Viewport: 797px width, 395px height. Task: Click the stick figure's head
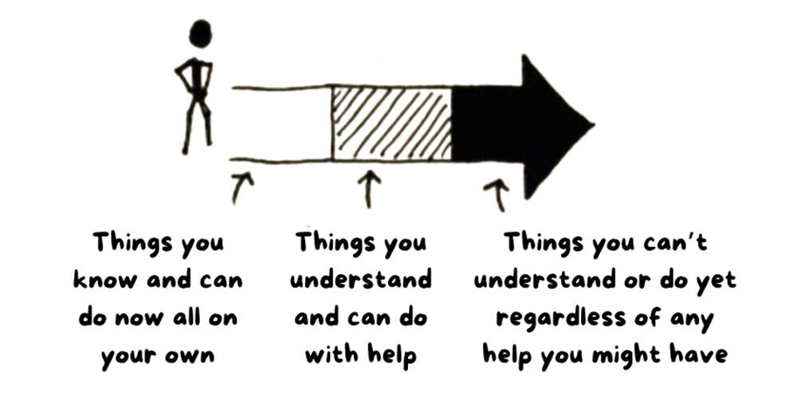click(x=200, y=34)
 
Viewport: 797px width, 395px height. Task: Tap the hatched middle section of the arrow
click(x=391, y=123)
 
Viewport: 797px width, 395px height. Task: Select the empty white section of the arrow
click(x=281, y=124)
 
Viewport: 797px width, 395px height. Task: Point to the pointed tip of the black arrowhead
click(x=593, y=124)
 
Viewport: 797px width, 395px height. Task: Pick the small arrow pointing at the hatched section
click(x=371, y=189)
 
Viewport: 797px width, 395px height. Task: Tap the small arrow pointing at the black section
click(x=497, y=195)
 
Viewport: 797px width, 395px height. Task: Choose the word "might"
click(x=627, y=355)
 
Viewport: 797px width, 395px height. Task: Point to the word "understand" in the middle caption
click(x=361, y=280)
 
